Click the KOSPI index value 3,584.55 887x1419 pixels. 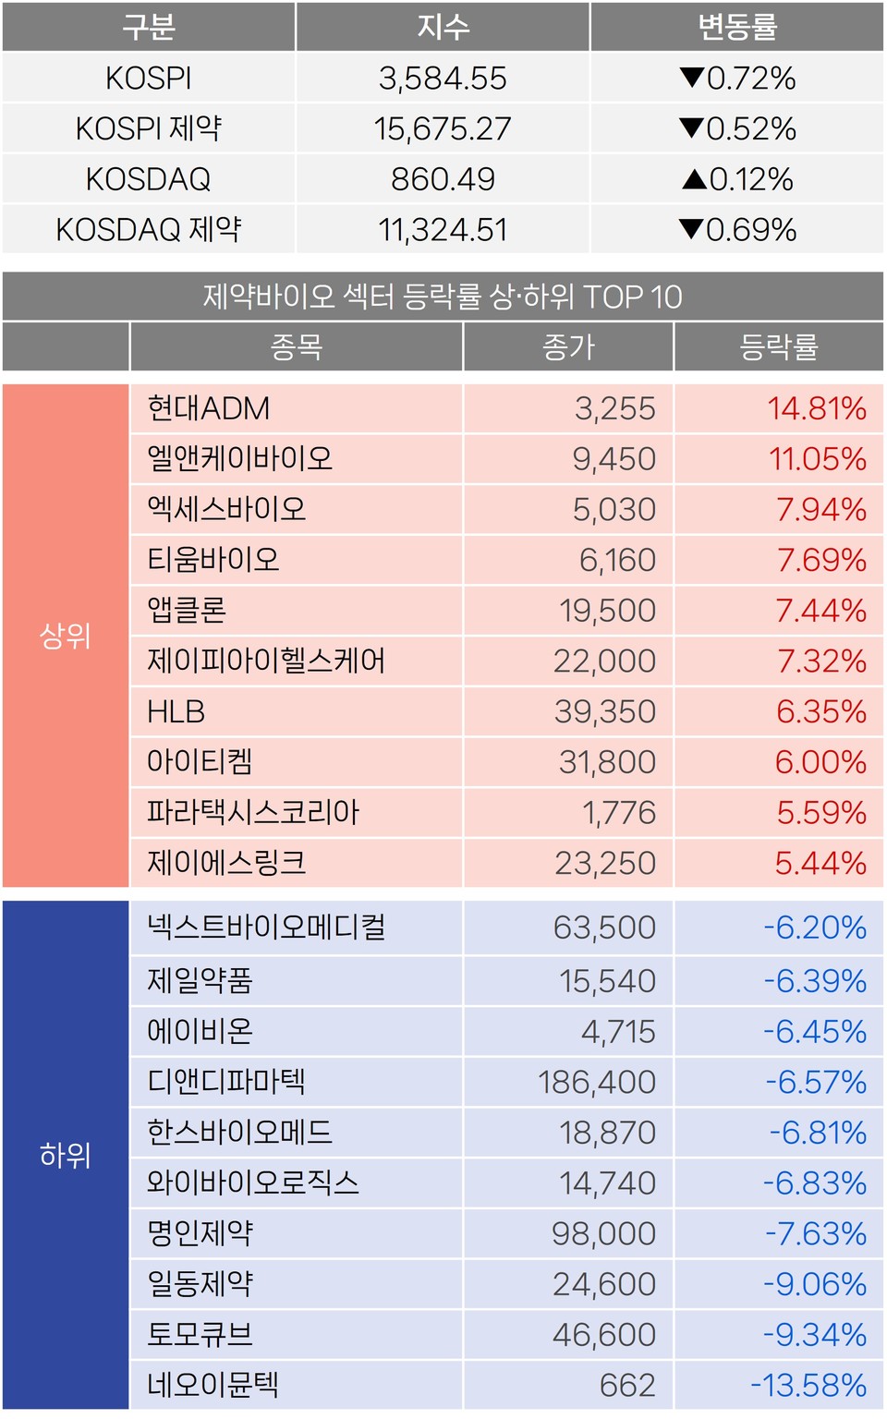(443, 79)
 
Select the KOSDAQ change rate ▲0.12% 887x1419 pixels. (737, 179)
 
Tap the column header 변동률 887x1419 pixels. (737, 27)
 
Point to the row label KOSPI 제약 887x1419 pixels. (149, 128)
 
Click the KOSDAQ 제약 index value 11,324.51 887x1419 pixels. (443, 230)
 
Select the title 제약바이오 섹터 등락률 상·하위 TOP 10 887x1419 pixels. (443, 297)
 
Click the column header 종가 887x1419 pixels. (568, 347)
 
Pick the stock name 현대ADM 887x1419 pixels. (209, 408)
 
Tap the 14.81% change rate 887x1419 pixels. (817, 408)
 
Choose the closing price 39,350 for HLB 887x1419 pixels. (604, 711)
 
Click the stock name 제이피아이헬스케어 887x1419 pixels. (266, 661)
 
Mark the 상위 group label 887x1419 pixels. (65, 636)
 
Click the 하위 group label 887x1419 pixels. (65, 1155)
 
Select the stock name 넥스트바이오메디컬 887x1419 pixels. (266, 928)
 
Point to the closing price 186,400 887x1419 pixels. (597, 1082)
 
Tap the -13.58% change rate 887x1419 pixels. (808, 1385)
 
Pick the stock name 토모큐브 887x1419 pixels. (200, 1334)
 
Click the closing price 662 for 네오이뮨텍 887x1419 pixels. (627, 1385)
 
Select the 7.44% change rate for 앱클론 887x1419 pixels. (820, 611)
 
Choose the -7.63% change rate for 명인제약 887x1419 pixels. (815, 1233)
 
